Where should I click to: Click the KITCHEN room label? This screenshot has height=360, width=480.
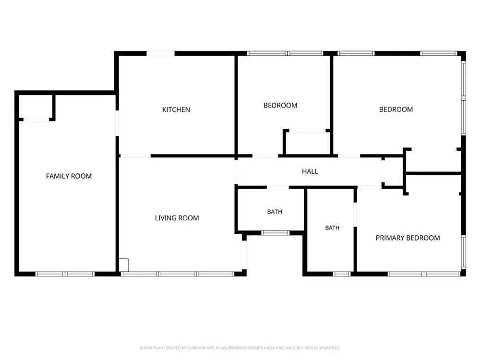click(x=176, y=109)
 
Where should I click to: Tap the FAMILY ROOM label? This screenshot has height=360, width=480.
click(x=69, y=176)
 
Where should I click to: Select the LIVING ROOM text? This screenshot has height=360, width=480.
click(x=177, y=218)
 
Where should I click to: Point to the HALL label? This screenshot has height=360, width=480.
click(x=310, y=171)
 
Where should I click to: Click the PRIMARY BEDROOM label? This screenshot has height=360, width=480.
click(x=408, y=238)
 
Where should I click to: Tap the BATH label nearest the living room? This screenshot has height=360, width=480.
click(x=275, y=212)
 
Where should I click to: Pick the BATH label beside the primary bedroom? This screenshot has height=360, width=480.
click(x=332, y=228)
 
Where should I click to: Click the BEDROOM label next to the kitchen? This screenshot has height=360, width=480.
click(x=280, y=105)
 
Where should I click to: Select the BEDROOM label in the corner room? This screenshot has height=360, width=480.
click(x=396, y=109)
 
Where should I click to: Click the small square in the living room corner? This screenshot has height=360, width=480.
click(x=124, y=265)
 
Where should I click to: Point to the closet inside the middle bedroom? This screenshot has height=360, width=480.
click(x=307, y=143)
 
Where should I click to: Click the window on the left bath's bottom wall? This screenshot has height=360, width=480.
click(x=275, y=233)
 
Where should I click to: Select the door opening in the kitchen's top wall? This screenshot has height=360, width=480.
click(x=161, y=53)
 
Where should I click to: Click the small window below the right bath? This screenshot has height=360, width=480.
click(x=342, y=274)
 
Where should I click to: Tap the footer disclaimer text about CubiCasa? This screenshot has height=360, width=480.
click(x=240, y=348)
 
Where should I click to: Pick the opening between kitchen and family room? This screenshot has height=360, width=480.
click(x=117, y=123)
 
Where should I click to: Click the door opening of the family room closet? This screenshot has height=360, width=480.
click(x=36, y=120)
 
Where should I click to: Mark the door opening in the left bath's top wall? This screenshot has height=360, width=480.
click(x=277, y=187)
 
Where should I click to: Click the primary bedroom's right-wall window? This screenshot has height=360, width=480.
click(x=464, y=252)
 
